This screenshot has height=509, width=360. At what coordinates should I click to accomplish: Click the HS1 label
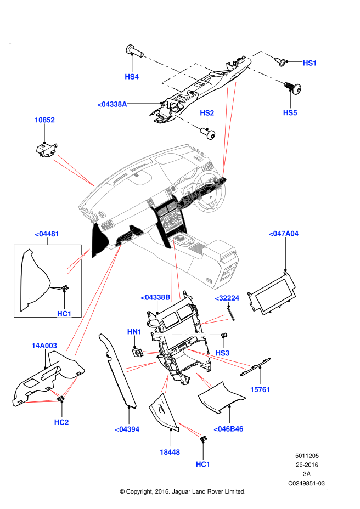click(x=310, y=63)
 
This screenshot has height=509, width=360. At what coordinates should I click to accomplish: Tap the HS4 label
click(x=132, y=77)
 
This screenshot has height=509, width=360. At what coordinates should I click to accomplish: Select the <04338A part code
click(x=112, y=104)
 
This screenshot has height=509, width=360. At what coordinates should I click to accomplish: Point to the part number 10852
click(x=44, y=120)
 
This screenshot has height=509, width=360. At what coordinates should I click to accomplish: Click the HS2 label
click(x=207, y=113)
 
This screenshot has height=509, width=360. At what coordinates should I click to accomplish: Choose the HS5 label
click(x=290, y=113)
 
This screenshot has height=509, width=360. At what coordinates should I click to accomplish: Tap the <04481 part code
click(x=47, y=234)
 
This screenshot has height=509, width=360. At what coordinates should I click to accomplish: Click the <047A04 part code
click(x=284, y=234)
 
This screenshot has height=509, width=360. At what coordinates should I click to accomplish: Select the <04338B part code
click(x=155, y=297)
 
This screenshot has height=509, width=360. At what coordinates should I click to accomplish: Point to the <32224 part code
click(x=227, y=298)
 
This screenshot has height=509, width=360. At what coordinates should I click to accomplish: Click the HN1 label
click(x=134, y=332)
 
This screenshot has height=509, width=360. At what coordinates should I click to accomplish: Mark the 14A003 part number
click(x=44, y=346)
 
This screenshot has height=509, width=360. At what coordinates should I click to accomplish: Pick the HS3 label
click(x=222, y=353)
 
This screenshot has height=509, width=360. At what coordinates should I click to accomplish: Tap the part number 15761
click(x=260, y=390)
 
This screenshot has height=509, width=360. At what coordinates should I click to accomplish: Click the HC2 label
click(x=61, y=422)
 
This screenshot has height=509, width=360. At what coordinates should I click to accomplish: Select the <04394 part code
click(x=127, y=429)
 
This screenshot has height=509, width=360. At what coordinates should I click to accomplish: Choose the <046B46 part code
click(x=228, y=429)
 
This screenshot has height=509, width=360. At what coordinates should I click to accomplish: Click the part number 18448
click(x=170, y=453)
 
